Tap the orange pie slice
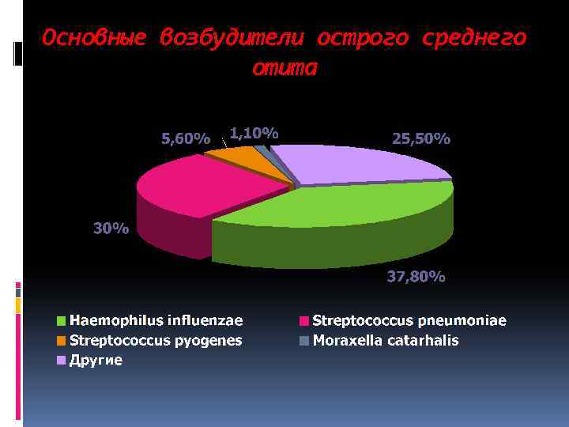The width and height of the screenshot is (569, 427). (x=241, y=161)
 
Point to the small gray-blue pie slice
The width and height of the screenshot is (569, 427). (x=262, y=151)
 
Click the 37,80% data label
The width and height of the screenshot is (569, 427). (x=416, y=277)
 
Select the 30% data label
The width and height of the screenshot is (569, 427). (x=111, y=229)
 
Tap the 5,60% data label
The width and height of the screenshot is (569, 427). (x=186, y=139)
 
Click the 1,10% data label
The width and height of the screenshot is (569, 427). (x=254, y=133)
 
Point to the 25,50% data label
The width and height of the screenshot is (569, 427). (x=421, y=139)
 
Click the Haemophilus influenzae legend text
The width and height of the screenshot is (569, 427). (x=156, y=320)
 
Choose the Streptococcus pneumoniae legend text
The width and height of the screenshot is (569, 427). (x=409, y=320)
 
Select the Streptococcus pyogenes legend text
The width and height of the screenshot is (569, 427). (x=156, y=341)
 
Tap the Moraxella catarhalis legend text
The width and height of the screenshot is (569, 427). (x=386, y=341)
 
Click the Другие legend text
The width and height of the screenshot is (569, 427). (x=96, y=361)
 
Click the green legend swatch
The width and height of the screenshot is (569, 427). (x=62, y=321)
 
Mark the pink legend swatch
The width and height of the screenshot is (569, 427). (x=304, y=321)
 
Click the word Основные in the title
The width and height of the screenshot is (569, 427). (x=94, y=38)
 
